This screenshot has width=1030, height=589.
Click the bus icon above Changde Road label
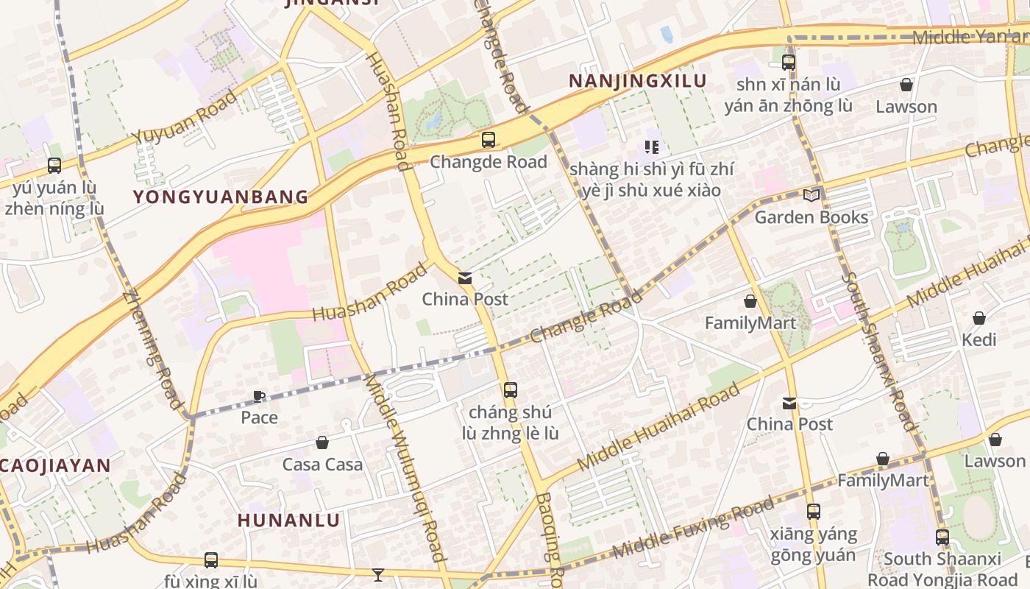pos(488,139)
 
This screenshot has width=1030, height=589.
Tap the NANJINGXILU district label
pos(637,81)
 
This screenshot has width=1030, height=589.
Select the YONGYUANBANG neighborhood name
pos(221,197)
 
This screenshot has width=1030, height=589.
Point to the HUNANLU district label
pos(288,521)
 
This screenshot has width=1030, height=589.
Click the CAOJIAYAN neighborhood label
pos(55,465)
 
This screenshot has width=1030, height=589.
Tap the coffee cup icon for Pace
pos(259,396)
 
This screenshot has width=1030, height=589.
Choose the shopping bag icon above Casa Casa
pos(322,442)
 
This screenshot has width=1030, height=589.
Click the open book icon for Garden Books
pos(811,195)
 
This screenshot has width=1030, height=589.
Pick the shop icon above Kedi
pos(979,318)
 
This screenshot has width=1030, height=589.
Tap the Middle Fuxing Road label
pos(693,527)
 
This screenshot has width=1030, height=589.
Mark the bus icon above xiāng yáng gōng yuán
pos(813,511)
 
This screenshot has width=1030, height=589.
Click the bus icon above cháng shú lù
pos(510,389)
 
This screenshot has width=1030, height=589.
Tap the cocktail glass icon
pos(378,574)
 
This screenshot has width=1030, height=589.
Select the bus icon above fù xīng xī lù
pos(210,560)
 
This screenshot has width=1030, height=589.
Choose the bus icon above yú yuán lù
pos(54,166)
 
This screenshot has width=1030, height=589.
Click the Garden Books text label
pos(811,217)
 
